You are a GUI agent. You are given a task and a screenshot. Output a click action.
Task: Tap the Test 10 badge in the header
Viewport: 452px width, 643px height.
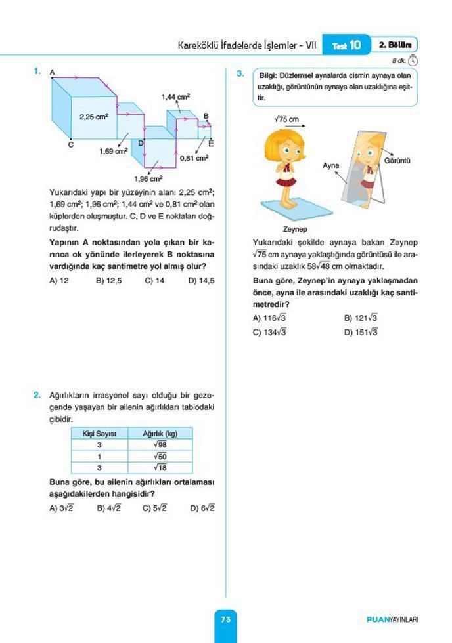tap(346, 45)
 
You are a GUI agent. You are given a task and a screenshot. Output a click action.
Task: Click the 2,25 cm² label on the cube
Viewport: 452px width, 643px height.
tap(94, 117)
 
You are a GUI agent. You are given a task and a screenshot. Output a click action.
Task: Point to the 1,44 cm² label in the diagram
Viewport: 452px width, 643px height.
tap(175, 97)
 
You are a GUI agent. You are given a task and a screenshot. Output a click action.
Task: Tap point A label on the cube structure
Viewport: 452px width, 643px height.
tap(52, 71)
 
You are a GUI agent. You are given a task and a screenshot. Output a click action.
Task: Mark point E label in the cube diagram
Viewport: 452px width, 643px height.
tap(211, 142)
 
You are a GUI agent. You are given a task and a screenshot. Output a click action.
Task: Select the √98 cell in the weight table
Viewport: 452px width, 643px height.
tap(160, 445)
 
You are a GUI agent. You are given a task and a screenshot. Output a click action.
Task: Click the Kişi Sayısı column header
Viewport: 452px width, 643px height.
tap(99, 434)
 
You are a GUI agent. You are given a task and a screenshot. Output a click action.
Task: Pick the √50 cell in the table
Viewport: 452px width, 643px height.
tap(160, 456)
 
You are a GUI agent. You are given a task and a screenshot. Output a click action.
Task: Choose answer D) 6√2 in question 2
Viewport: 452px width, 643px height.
tap(202, 508)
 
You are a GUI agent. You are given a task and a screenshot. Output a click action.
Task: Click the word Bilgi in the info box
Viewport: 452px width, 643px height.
tap(268, 75)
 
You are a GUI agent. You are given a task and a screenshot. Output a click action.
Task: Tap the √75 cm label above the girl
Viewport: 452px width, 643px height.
tap(287, 119)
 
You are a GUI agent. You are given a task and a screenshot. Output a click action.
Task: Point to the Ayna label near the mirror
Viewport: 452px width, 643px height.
tap(330, 165)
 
